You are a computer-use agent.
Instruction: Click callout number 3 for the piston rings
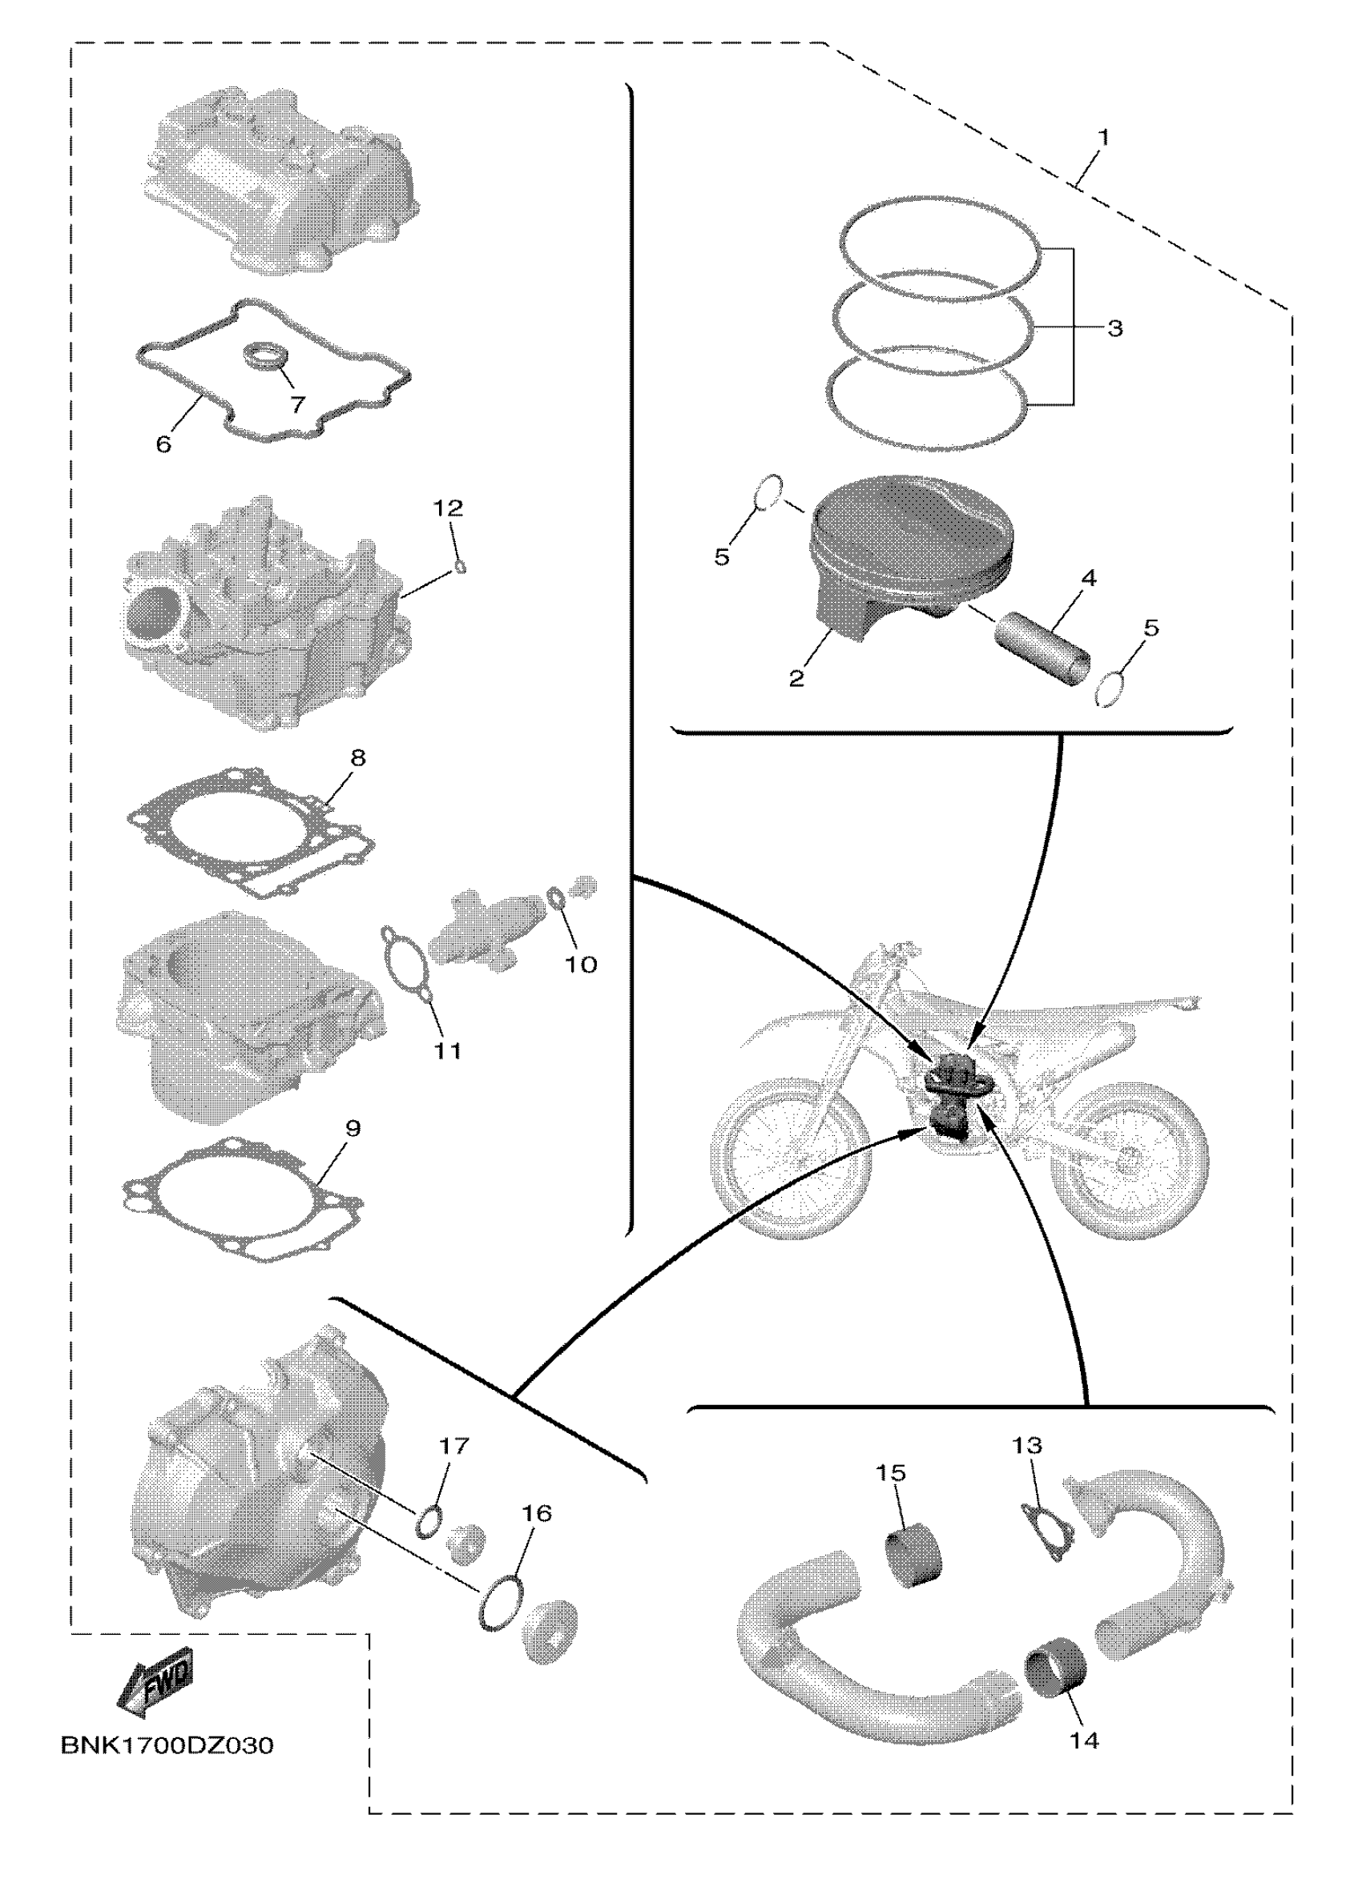coord(1115,328)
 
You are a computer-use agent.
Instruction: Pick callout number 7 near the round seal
coord(296,404)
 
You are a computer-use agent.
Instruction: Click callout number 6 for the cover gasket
coord(163,444)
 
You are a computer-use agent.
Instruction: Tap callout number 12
coord(449,507)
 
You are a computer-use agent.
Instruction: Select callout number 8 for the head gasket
coord(357,757)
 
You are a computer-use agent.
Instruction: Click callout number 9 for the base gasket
coord(353,1127)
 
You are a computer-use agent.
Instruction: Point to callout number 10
coord(580,964)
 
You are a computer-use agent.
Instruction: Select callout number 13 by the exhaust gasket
coord(1026,1446)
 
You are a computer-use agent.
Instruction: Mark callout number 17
coord(453,1446)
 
